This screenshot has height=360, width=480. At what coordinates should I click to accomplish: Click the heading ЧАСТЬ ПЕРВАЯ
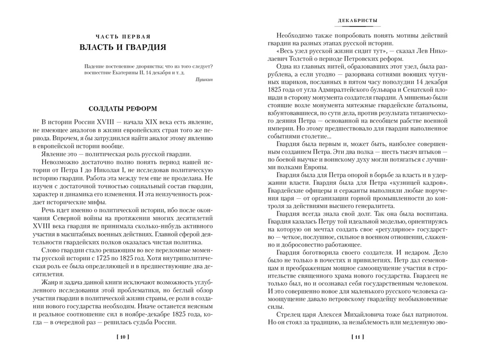point(123,36)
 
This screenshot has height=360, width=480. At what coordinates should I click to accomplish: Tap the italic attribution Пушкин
point(205,82)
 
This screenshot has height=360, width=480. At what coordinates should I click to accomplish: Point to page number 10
point(123,337)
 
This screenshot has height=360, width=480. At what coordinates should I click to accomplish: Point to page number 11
point(356,337)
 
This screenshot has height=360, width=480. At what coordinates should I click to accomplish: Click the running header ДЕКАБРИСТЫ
point(356,21)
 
